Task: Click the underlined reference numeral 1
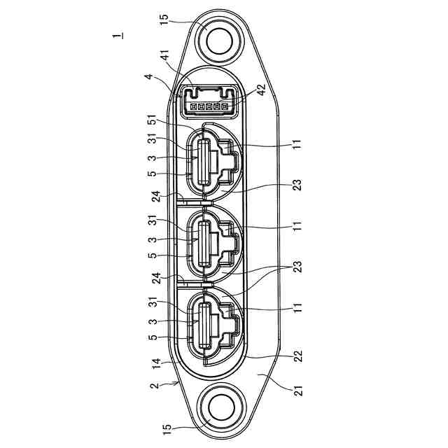pyautogui.click(x=118, y=36)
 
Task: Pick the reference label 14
pyautogui.click(x=157, y=365)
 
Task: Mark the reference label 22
pyautogui.click(x=297, y=356)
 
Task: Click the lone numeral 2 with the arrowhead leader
pyautogui.click(x=154, y=386)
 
